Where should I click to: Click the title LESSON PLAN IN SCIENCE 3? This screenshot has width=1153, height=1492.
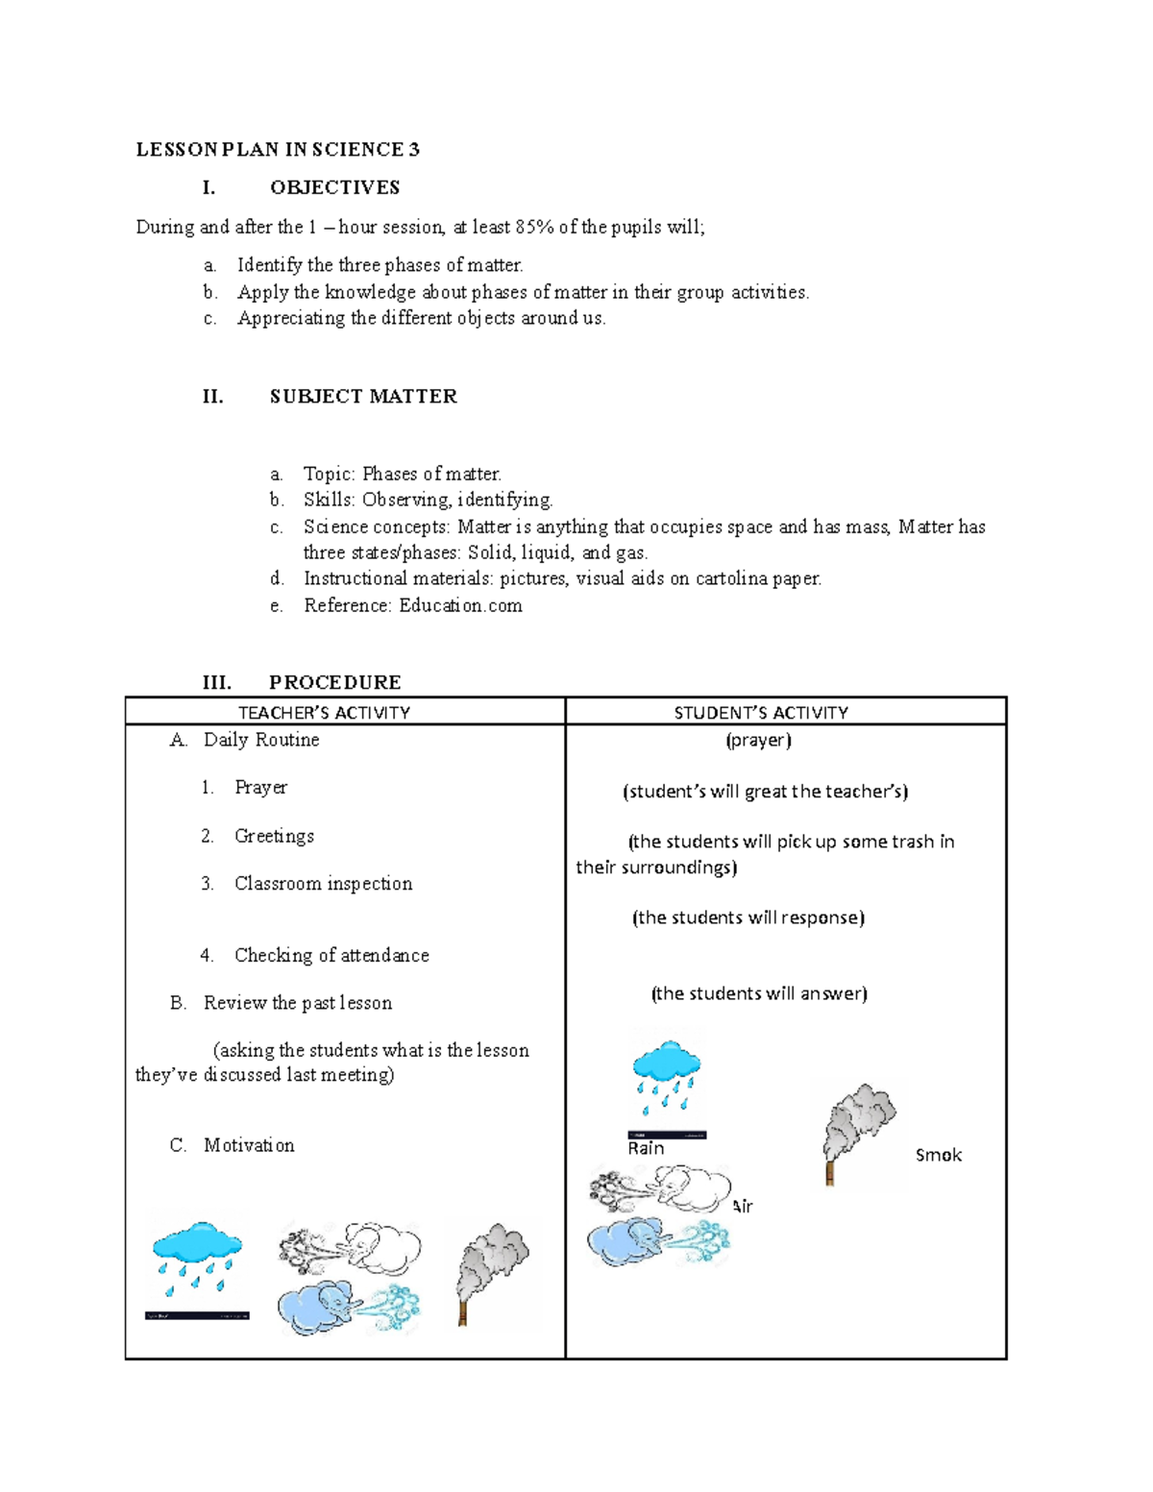(x=278, y=149)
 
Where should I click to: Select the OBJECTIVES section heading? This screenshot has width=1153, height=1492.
(x=334, y=187)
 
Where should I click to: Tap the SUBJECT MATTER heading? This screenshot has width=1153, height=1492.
(x=363, y=396)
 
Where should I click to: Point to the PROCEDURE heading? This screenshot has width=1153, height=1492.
(x=334, y=682)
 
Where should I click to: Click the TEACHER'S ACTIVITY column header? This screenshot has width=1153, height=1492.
(x=324, y=712)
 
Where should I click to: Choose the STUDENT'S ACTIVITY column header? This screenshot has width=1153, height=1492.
(x=761, y=712)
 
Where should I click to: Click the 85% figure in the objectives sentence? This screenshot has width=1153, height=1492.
(x=533, y=227)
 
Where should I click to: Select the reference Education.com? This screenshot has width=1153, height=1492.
(x=460, y=605)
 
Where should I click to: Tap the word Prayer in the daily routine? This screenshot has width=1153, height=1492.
(x=260, y=787)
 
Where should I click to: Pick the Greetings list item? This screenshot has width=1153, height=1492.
(x=274, y=836)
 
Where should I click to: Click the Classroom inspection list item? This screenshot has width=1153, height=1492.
(x=323, y=883)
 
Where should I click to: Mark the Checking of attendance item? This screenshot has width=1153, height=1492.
(x=331, y=955)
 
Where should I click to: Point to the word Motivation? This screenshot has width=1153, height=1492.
(x=249, y=1145)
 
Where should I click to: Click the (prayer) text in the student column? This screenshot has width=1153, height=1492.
(x=758, y=740)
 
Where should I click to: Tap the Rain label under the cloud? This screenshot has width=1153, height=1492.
(x=646, y=1148)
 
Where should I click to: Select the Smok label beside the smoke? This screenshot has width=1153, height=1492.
(x=938, y=1155)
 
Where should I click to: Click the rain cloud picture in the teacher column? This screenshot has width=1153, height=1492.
(x=197, y=1263)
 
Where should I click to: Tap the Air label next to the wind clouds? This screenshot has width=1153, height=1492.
(x=742, y=1206)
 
